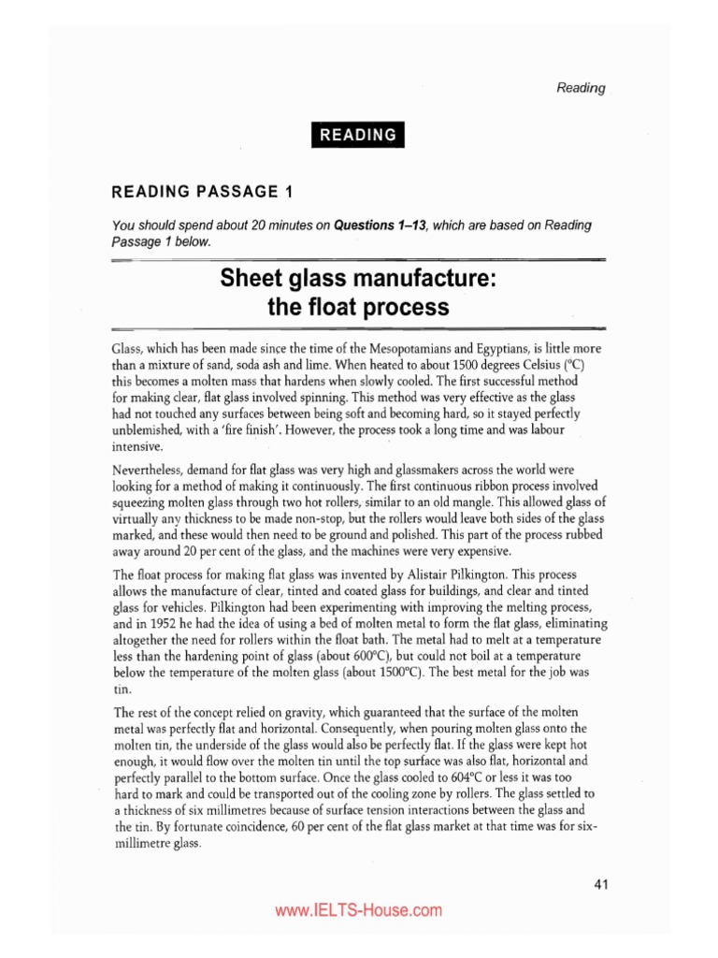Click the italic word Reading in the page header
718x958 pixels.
[x=581, y=88]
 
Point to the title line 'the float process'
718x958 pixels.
[x=359, y=306]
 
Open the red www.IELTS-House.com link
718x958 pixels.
[x=358, y=909]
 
